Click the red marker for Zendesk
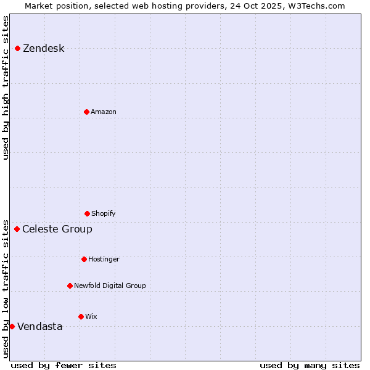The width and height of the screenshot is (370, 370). [18, 48]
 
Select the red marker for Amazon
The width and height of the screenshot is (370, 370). [86, 112]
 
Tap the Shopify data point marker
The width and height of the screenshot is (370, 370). [87, 213]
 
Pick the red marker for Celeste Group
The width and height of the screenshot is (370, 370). [17, 229]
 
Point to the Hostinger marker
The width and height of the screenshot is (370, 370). [84, 259]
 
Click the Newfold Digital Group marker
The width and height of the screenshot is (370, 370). [70, 286]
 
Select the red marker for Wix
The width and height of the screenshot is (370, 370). [81, 316]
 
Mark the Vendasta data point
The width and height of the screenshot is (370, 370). [12, 326]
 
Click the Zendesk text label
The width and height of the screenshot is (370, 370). [43, 49]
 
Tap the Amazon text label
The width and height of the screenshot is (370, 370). [104, 112]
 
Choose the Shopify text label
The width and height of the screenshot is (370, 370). [104, 214]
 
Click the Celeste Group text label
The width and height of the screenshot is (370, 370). [57, 229]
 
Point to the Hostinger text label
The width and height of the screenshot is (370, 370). [104, 260]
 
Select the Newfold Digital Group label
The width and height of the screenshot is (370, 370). [110, 286]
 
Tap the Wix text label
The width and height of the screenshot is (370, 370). [91, 317]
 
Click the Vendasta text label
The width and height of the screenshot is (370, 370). [40, 327]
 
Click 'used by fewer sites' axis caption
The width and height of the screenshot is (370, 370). [64, 365]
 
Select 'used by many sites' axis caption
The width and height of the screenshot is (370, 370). [310, 365]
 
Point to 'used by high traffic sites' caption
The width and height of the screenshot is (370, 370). [6, 88]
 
